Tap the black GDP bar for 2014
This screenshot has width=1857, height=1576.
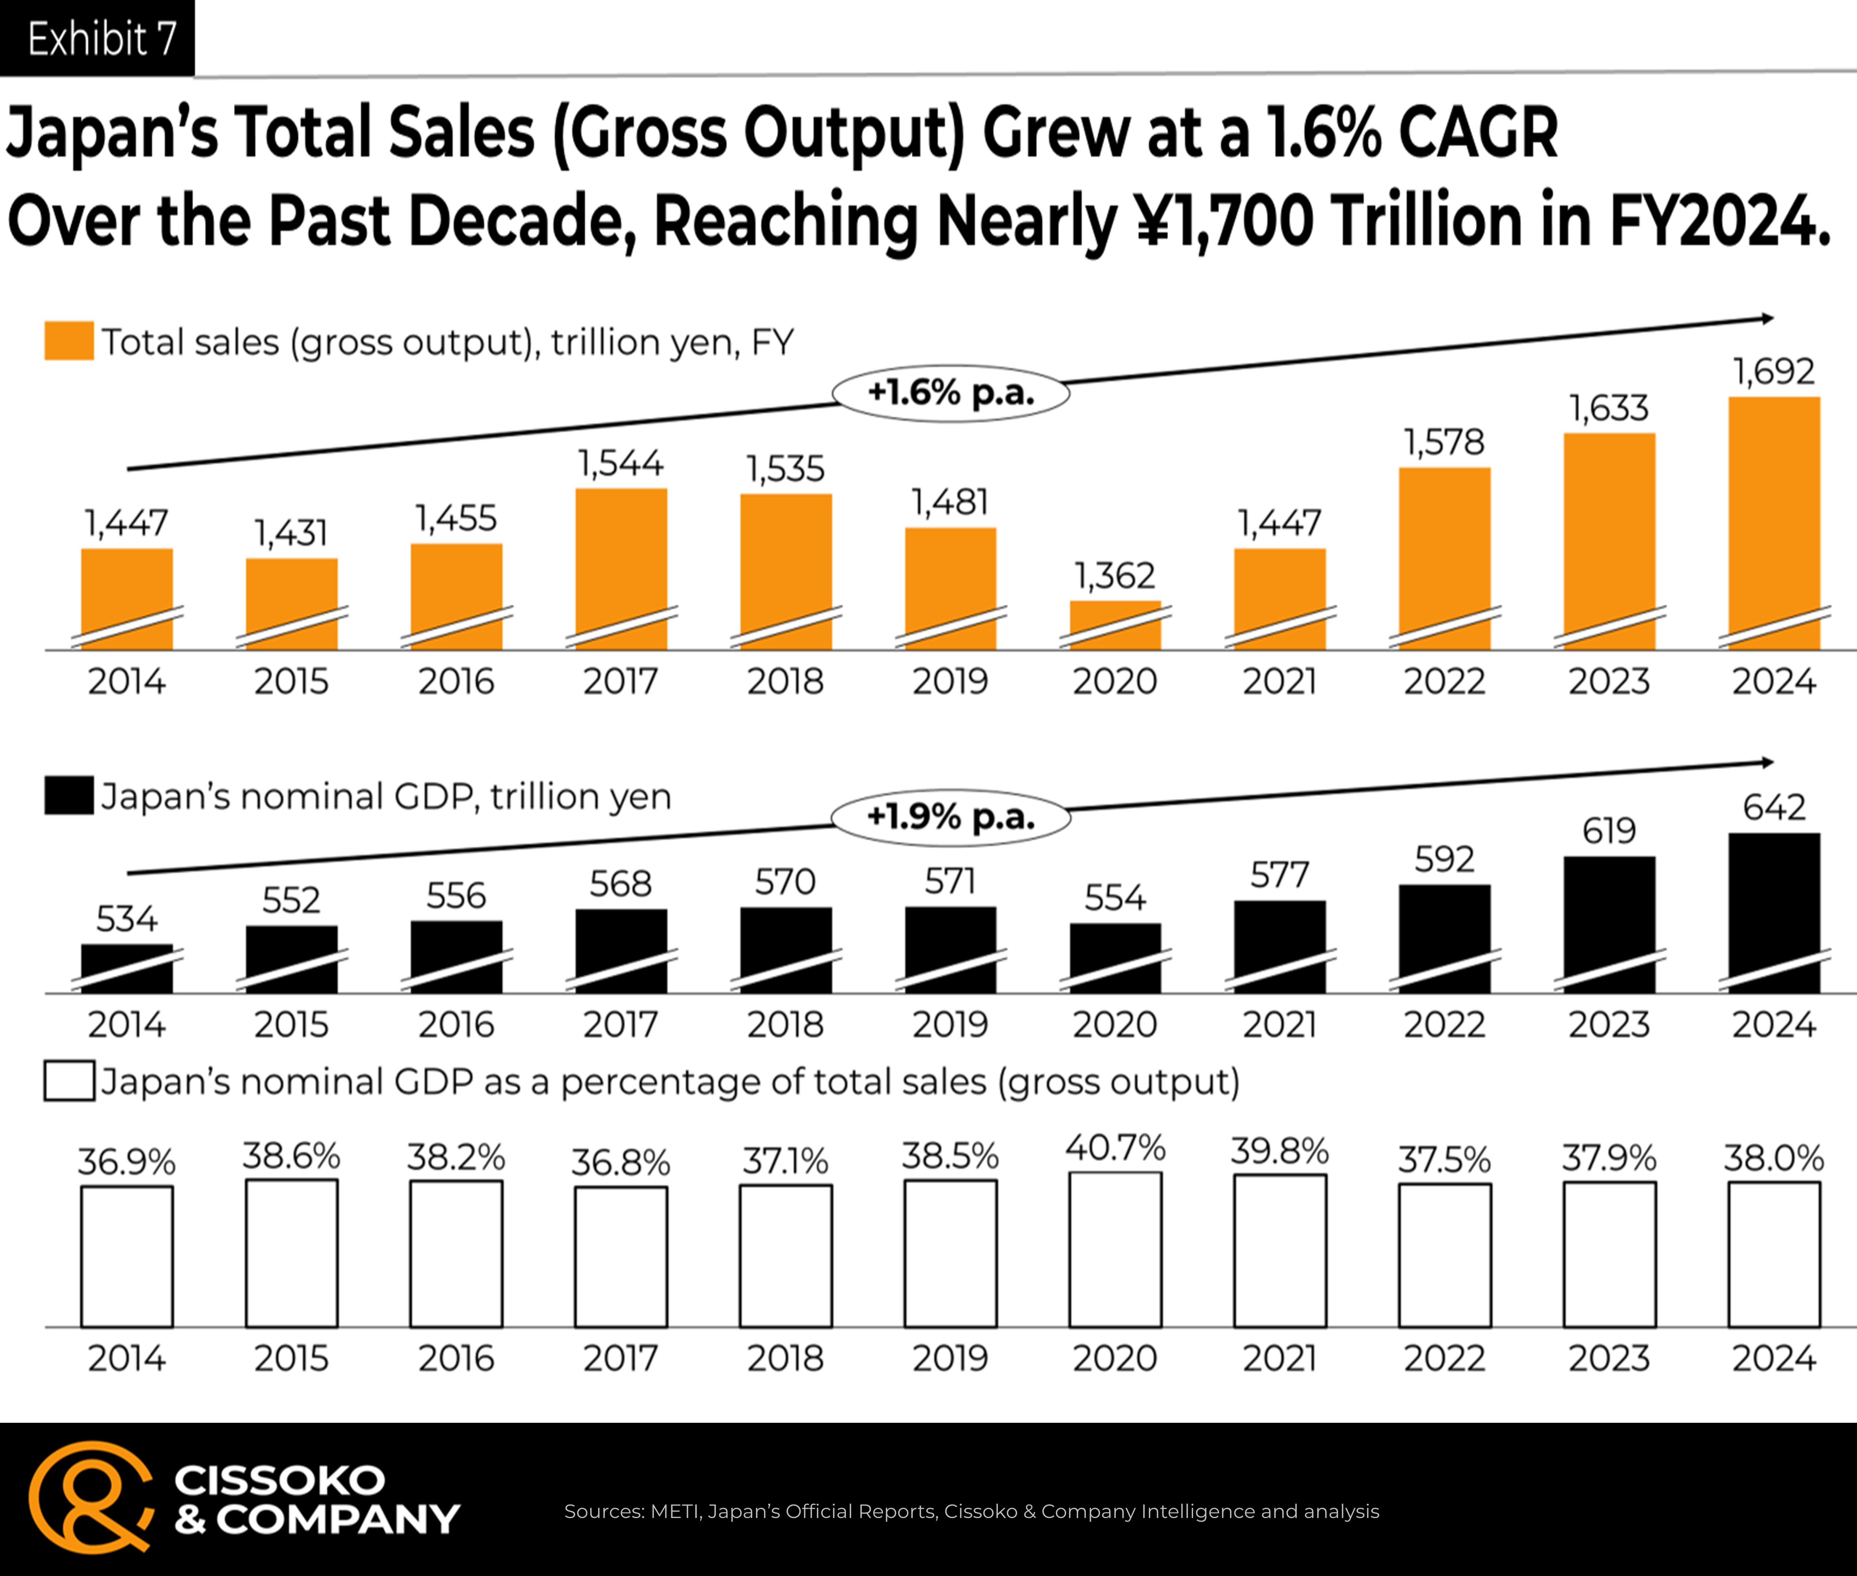127,969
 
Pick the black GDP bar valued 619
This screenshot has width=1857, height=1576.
1610,925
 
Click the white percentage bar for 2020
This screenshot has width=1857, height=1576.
1115,1249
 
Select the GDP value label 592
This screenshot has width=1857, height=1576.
1444,860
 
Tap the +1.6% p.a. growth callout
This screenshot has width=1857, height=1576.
951,393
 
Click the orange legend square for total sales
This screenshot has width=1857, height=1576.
69,341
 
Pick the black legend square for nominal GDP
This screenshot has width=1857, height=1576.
69,795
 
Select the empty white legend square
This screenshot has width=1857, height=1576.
69,1081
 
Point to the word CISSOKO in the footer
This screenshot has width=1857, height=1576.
280,1480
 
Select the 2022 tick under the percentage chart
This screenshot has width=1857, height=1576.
1444,1359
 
